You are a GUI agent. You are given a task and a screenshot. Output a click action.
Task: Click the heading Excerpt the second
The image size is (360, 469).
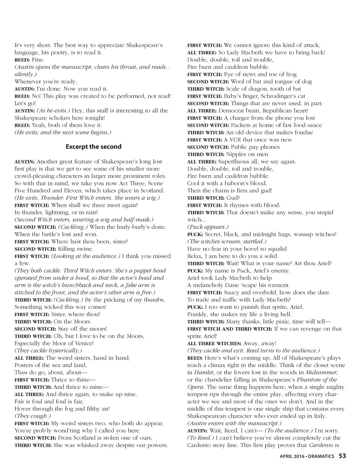click(93, 147)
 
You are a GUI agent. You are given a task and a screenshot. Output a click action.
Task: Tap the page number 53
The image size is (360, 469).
click(342, 456)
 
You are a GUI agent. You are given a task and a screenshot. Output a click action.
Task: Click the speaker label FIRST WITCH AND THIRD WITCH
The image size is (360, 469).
click(230, 329)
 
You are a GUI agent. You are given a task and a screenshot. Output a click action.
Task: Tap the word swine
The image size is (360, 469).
click(85, 249)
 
